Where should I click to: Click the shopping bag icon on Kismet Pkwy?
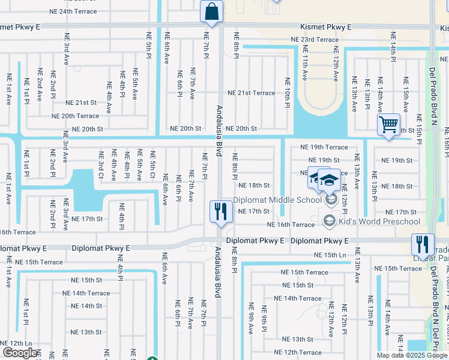(x=211, y=11)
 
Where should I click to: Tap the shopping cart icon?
(x=389, y=125)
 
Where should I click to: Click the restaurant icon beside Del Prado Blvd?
(x=423, y=245)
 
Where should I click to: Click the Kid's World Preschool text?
(x=379, y=222)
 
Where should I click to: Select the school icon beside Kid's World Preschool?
(x=329, y=221)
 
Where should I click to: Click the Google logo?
(x=19, y=353)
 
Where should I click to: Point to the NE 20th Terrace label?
(x=75, y=116)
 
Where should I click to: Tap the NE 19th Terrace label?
(x=324, y=147)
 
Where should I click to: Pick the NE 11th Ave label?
(x=305, y=68)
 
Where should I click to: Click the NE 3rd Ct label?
(x=100, y=164)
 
